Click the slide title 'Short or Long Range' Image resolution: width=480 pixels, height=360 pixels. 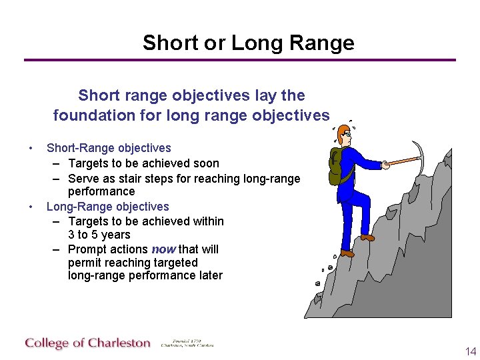(248, 43)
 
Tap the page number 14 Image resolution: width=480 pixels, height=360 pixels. (471, 351)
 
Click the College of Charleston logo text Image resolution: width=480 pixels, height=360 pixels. (88, 343)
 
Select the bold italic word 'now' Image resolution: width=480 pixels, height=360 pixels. (163, 249)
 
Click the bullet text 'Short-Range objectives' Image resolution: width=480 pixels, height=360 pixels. (109, 148)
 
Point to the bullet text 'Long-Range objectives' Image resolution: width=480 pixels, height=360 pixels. (107, 207)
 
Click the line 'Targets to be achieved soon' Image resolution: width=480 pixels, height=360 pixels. (143, 163)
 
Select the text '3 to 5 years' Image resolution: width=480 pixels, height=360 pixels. (99, 235)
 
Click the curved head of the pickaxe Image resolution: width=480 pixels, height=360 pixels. (418, 153)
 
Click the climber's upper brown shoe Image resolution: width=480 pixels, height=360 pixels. (367, 237)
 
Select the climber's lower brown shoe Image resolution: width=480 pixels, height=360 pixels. (347, 253)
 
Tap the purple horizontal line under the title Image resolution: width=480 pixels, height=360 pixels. (240, 60)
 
